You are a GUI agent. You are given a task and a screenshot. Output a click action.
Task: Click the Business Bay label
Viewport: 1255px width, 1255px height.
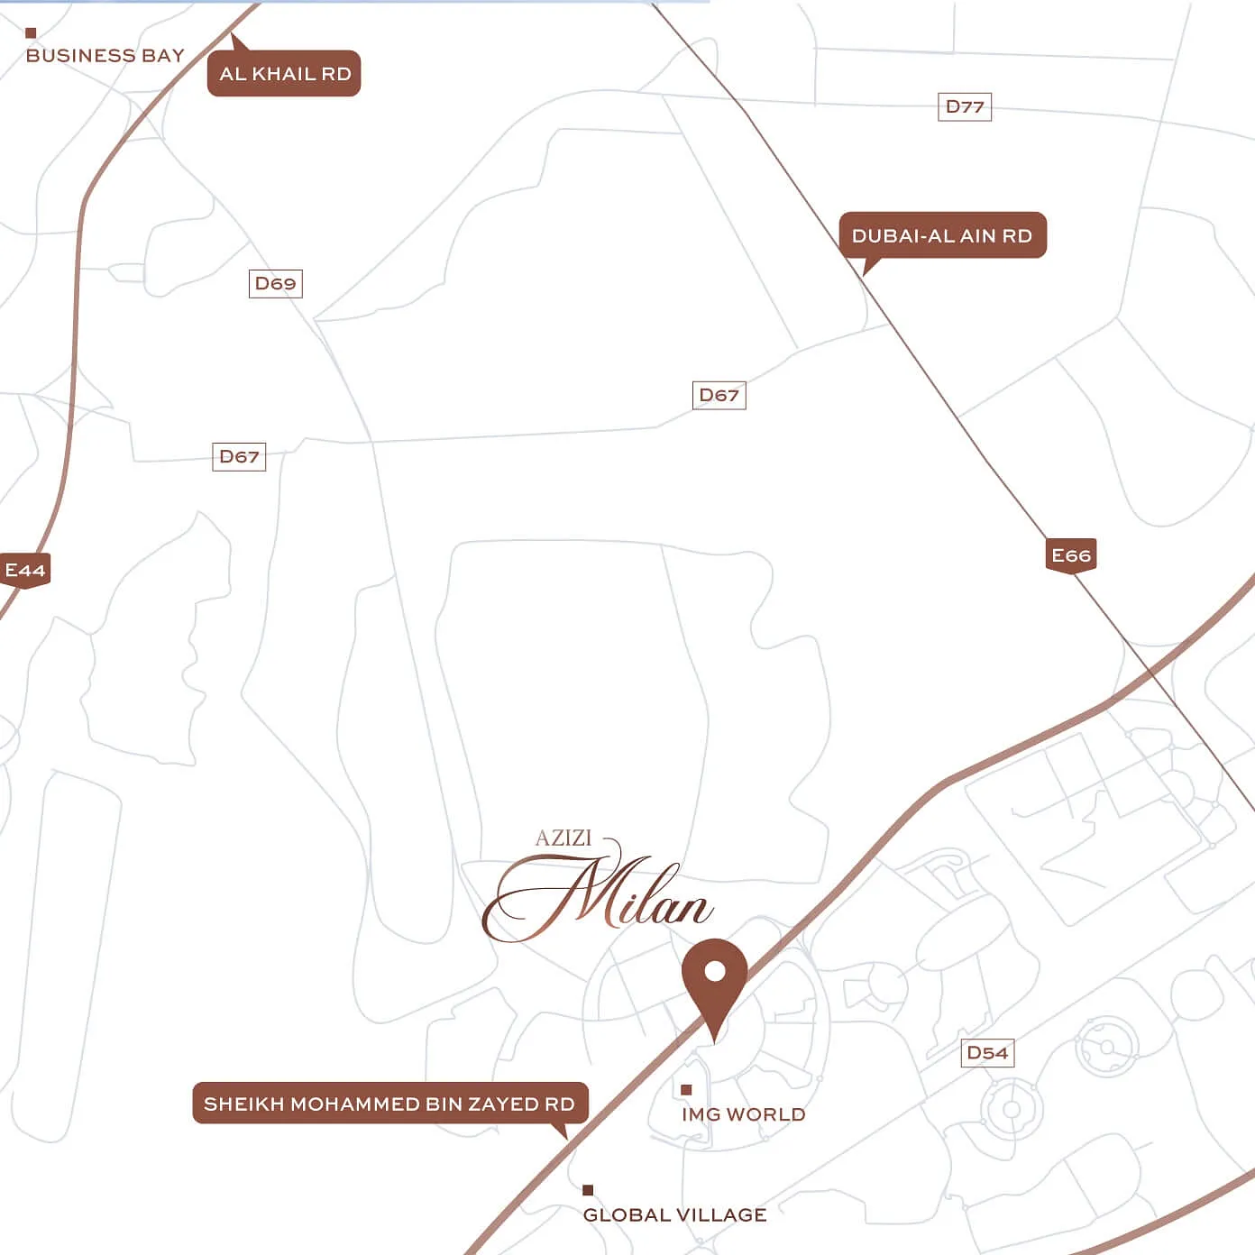pos(105,56)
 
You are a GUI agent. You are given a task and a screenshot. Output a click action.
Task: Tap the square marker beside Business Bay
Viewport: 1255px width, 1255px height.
pos(31,33)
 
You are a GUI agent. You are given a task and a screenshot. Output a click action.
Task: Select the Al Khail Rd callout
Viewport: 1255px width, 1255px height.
pos(284,74)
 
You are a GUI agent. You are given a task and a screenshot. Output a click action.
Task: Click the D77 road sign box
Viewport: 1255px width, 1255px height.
pos(964,107)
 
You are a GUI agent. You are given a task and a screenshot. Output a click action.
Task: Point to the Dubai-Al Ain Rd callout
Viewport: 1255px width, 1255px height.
pos(942,236)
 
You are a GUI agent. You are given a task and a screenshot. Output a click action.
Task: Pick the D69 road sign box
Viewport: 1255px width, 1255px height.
pos(275,284)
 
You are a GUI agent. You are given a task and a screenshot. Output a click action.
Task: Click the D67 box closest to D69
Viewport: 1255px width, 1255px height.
pos(239,457)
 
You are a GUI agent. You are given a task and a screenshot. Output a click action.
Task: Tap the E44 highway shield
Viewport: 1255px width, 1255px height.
pos(24,571)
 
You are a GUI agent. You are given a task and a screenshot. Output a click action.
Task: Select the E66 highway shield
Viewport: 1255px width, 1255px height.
pos(1071,555)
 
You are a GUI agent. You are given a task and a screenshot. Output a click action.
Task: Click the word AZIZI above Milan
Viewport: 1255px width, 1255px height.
pos(563,838)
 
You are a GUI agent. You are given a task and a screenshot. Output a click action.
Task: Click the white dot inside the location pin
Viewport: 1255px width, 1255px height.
pos(715,971)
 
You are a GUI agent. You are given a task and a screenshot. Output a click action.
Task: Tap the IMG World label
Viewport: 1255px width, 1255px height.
pos(743,1115)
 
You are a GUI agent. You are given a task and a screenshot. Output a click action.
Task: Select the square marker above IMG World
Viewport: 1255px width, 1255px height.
pos(686,1090)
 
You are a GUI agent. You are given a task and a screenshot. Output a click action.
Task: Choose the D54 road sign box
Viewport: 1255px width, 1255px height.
pos(987,1053)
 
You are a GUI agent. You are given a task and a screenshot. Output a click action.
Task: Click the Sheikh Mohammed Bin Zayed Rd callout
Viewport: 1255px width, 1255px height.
pos(389,1104)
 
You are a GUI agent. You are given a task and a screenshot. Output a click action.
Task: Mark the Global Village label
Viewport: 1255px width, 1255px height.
pos(674,1215)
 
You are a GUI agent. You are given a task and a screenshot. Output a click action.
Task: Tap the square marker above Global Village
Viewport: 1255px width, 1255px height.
pos(588,1190)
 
